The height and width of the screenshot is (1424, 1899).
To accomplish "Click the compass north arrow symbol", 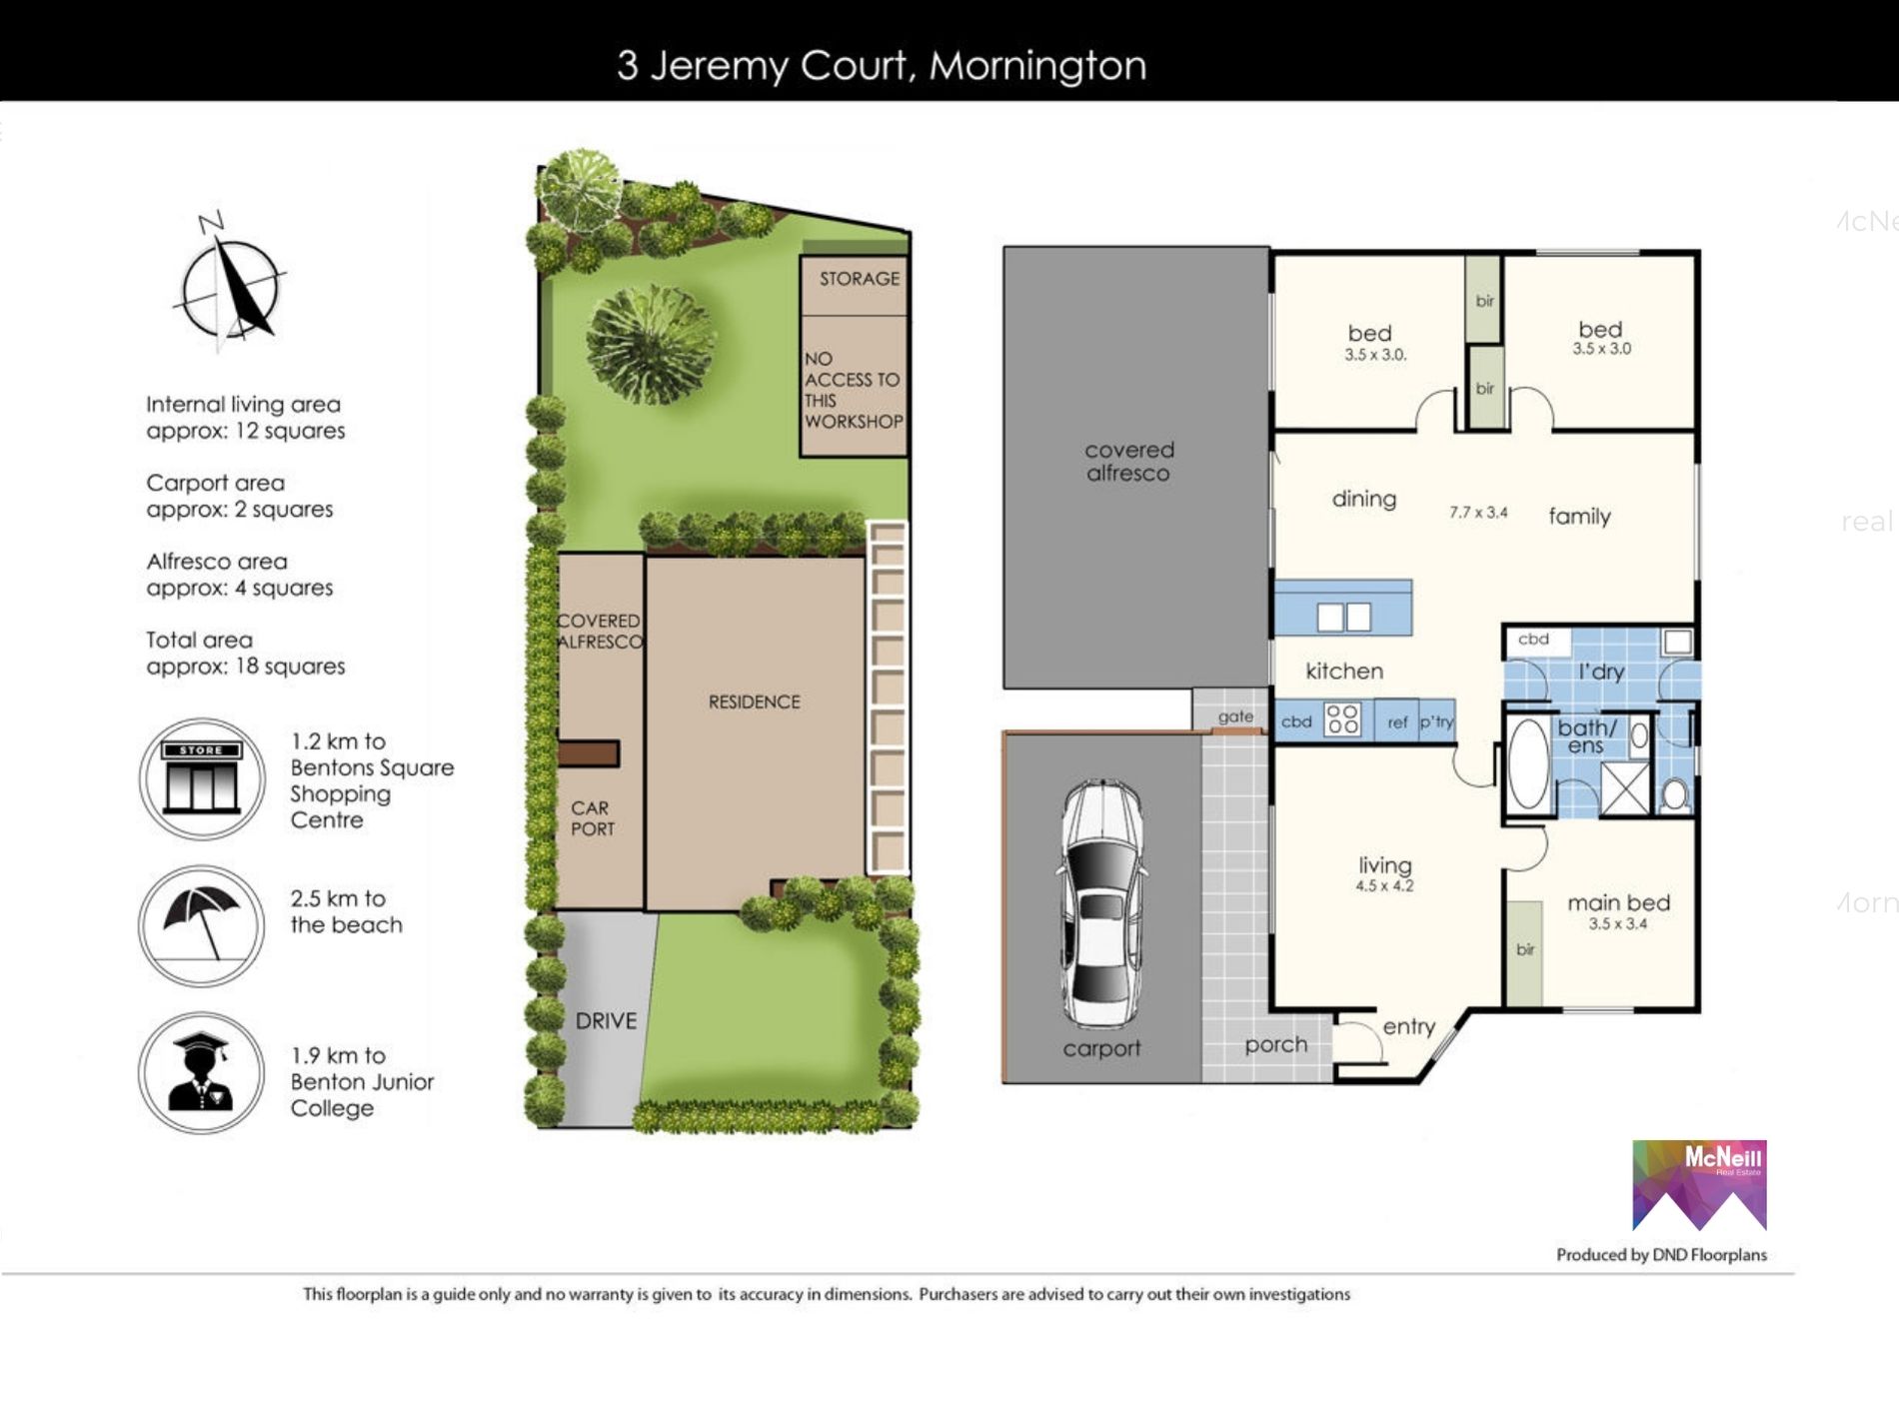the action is (x=230, y=280).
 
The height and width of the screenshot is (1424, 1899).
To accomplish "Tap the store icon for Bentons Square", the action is (x=202, y=778).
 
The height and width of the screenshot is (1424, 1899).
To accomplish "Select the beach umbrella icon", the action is (x=202, y=925).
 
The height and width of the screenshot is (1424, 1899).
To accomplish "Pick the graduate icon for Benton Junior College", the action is (x=202, y=1072).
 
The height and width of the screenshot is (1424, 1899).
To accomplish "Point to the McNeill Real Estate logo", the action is (x=1699, y=1185).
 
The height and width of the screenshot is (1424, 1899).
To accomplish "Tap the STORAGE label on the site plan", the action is (x=860, y=279).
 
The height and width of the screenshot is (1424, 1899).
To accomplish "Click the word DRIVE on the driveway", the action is (x=606, y=1020).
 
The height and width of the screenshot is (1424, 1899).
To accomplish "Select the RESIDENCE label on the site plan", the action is (x=755, y=703).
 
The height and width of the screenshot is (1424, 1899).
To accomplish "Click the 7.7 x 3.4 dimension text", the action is (x=1478, y=513).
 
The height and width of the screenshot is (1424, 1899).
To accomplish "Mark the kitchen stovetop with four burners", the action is (x=1342, y=719).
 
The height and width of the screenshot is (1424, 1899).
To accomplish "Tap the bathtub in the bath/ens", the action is (x=1527, y=763).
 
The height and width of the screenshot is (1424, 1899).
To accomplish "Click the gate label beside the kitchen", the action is (x=1235, y=716).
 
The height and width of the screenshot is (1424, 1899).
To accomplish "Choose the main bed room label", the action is (x=1618, y=903).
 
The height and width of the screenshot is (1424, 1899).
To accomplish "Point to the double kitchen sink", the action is (x=1344, y=617).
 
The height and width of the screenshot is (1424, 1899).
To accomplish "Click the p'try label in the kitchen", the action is (x=1436, y=721).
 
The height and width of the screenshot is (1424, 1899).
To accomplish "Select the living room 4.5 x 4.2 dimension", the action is (x=1384, y=886).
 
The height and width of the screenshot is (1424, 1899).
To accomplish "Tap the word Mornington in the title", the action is (x=1037, y=66).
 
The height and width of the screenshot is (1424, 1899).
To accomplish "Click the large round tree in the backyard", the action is (x=651, y=344).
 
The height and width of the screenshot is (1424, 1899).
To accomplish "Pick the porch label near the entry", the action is (x=1275, y=1045).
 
